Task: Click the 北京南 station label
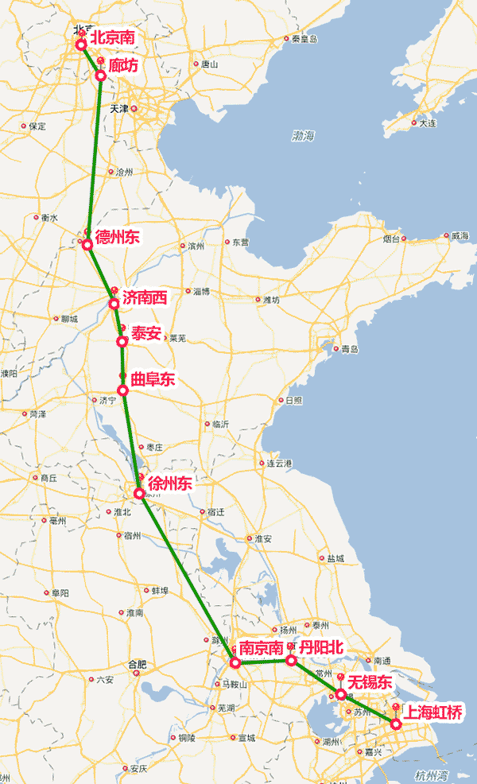[x=112, y=37]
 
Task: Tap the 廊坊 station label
[x=123, y=66]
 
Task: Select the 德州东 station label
[x=117, y=236]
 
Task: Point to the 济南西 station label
[x=145, y=298]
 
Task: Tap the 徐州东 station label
[x=169, y=483]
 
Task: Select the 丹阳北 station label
[x=321, y=647]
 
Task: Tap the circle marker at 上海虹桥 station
[x=396, y=724]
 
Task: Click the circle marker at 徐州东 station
[x=139, y=493]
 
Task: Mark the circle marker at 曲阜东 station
[x=122, y=390]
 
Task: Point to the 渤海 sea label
[x=303, y=136]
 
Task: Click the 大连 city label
[x=427, y=123]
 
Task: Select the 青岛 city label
[x=350, y=349]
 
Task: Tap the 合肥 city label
[x=138, y=664]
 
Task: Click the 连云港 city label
[x=281, y=463]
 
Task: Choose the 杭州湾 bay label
[x=431, y=774]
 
